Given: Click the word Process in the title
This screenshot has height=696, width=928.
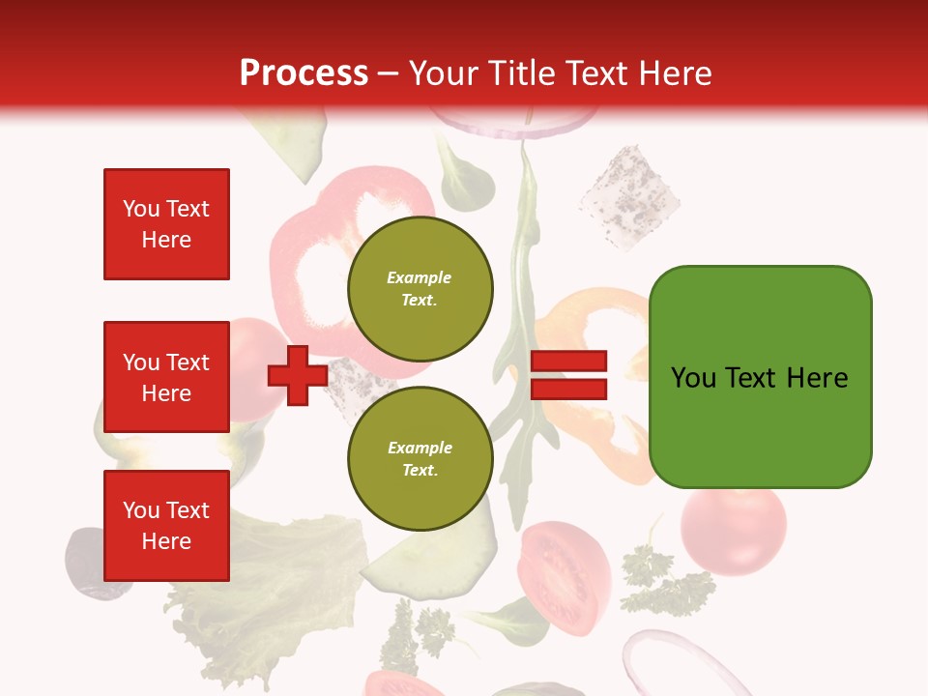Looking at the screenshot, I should [304, 73].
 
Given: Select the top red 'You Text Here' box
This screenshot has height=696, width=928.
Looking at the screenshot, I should [166, 224].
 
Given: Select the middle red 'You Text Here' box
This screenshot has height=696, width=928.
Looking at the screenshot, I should [166, 377].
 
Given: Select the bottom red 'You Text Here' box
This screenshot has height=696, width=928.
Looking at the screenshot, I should [166, 525].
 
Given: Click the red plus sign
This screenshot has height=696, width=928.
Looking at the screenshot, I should [298, 375].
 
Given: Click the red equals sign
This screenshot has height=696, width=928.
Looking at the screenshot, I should [569, 375].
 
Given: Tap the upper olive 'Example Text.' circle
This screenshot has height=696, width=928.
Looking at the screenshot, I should [420, 288].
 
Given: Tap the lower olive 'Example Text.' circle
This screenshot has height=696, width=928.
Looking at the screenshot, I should [420, 458].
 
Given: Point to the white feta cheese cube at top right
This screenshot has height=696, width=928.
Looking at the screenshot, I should [628, 196].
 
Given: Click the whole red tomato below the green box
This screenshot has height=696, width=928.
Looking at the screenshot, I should [733, 532].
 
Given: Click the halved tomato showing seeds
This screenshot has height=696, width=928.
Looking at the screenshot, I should [565, 575].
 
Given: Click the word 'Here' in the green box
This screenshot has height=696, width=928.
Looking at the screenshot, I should [817, 377].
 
